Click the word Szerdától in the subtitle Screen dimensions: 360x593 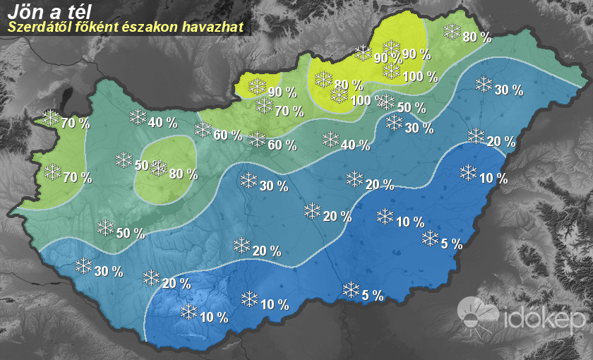[x=32, y=28]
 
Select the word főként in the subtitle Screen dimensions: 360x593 [x=91, y=28]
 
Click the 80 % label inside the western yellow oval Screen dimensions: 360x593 [x=183, y=174]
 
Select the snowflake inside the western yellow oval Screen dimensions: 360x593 [x=158, y=168]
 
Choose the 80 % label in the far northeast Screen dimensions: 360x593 [x=477, y=37]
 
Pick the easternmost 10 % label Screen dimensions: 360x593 [x=493, y=179]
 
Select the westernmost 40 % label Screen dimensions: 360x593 [x=162, y=123]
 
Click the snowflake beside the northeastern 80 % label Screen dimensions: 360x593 [x=452, y=31]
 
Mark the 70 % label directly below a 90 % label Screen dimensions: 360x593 [x=289, y=111]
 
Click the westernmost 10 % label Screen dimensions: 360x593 [x=213, y=318]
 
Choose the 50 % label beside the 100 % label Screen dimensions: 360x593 [x=411, y=108]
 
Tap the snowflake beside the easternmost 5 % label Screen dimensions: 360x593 [x=429, y=238]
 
